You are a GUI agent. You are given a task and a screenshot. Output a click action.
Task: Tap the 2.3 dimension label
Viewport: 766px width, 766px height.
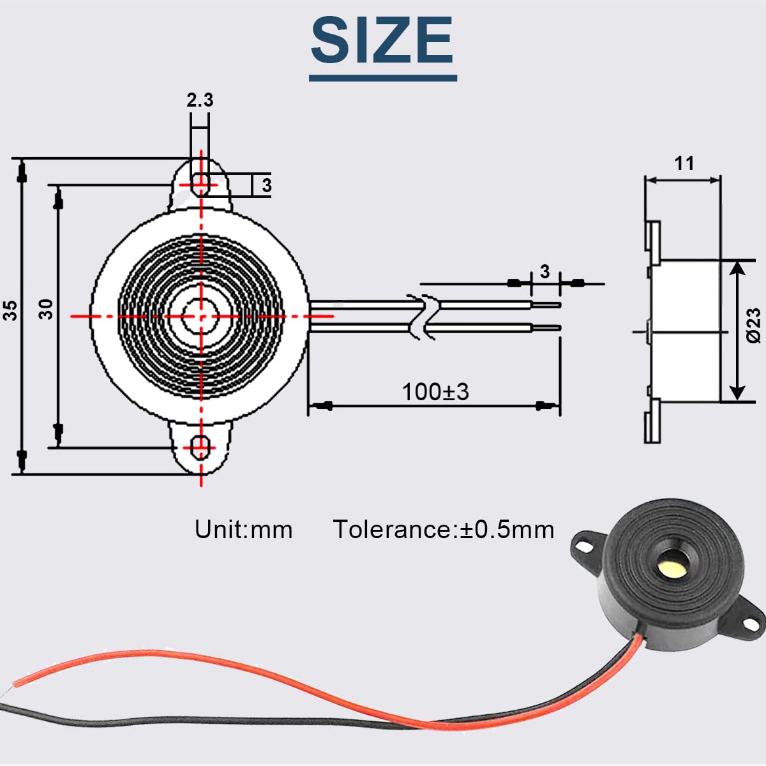200,100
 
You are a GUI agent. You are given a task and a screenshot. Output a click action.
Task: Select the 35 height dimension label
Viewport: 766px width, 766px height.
11,310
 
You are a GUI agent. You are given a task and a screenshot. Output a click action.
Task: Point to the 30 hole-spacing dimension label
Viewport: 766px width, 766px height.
46,309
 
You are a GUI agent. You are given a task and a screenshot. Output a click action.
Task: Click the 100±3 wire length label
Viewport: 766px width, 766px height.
435,392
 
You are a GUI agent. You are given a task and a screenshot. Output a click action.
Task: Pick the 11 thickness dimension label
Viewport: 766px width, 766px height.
684,163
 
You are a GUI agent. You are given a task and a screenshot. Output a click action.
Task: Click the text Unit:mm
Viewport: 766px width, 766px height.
243,529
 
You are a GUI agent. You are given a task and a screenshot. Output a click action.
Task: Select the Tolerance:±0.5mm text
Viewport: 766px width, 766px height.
444,529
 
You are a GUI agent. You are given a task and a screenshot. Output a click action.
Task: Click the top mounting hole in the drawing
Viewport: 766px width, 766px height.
201,184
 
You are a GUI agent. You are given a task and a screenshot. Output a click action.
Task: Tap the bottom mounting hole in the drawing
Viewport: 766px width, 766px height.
201,447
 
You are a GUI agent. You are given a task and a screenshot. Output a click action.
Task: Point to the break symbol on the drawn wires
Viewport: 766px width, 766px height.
423,317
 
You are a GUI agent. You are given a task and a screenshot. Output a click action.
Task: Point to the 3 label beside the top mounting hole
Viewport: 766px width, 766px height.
267,185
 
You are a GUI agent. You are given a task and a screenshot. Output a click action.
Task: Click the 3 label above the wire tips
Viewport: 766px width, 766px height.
544,272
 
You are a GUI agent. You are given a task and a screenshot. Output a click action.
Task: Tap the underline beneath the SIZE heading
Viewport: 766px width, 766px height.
383,79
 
